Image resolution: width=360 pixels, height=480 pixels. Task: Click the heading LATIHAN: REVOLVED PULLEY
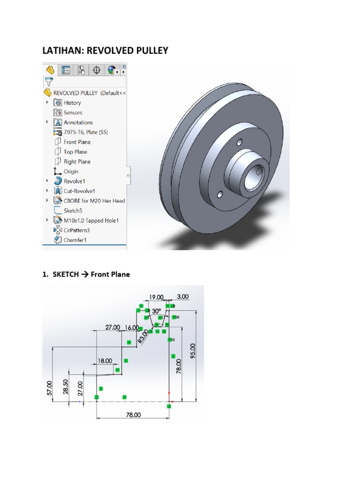[105, 50]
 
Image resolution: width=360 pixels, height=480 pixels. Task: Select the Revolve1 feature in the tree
[74, 181]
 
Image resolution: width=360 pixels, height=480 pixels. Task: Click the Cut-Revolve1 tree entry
[79, 191]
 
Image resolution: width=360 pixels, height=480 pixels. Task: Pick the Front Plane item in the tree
[77, 142]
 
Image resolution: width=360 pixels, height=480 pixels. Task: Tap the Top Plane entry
[75, 152]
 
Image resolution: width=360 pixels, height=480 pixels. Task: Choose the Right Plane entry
[77, 162]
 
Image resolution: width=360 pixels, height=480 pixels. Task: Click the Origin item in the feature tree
[71, 172]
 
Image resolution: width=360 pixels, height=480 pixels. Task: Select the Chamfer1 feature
[75, 240]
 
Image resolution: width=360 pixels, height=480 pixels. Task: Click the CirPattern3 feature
[76, 230]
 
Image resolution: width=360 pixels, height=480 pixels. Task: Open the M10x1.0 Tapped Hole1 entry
[91, 220]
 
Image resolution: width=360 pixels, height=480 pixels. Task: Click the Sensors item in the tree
[73, 112]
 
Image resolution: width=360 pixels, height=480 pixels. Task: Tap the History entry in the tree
[72, 103]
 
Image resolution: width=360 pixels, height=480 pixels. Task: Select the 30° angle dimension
[156, 310]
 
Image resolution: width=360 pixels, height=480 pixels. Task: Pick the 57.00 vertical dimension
[49, 389]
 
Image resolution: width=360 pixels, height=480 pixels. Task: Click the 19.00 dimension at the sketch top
[156, 297]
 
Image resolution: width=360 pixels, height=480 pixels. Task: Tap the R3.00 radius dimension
[143, 336]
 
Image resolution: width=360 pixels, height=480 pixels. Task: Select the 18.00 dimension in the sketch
[105, 360]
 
